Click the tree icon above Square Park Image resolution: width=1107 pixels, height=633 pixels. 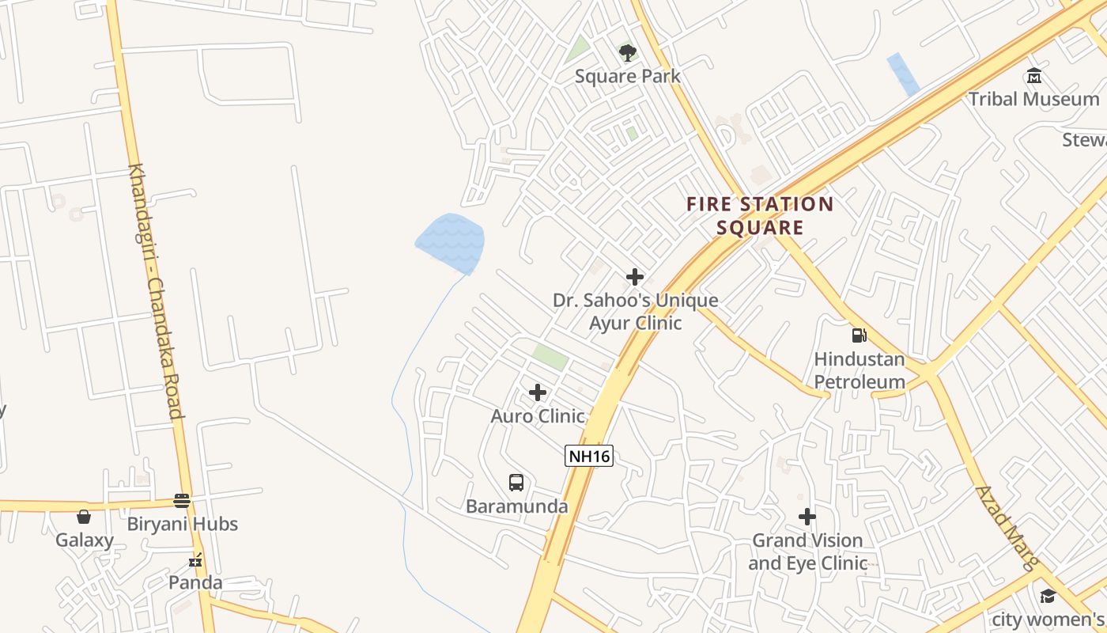pyautogui.click(x=628, y=53)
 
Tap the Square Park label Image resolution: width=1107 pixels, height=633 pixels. pyautogui.click(x=628, y=77)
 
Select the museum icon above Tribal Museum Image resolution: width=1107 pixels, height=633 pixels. pyautogui.click(x=1033, y=76)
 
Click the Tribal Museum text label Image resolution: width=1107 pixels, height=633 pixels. pyautogui.click(x=1033, y=99)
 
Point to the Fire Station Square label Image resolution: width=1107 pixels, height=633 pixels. pyautogui.click(x=760, y=216)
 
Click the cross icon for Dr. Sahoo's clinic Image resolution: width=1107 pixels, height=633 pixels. pyautogui.click(x=634, y=277)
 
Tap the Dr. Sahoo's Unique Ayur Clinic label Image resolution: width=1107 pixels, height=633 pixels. pyautogui.click(x=636, y=312)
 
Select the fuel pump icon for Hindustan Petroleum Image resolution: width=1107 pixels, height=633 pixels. pyautogui.click(x=860, y=335)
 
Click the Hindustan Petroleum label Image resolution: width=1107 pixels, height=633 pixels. pyautogui.click(x=860, y=370)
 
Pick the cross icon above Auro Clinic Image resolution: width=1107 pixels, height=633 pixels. pyautogui.click(x=538, y=392)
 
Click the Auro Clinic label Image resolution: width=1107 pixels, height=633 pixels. pyautogui.click(x=538, y=416)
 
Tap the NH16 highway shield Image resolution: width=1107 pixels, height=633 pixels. pyautogui.click(x=589, y=456)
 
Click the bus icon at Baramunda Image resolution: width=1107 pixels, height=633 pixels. pyautogui.click(x=516, y=483)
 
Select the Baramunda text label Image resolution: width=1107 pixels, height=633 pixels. pyautogui.click(x=516, y=506)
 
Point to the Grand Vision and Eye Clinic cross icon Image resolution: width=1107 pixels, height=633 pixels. pyautogui.click(x=807, y=517)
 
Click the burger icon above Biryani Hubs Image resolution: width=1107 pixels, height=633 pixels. pyautogui.click(x=182, y=501)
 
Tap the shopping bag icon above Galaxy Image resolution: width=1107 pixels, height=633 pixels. pyautogui.click(x=84, y=517)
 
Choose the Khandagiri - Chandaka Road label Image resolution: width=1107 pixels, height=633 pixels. pyautogui.click(x=157, y=291)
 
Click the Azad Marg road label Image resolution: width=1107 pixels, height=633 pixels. pyautogui.click(x=1007, y=528)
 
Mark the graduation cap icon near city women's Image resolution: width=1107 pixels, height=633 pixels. pyautogui.click(x=1048, y=596)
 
